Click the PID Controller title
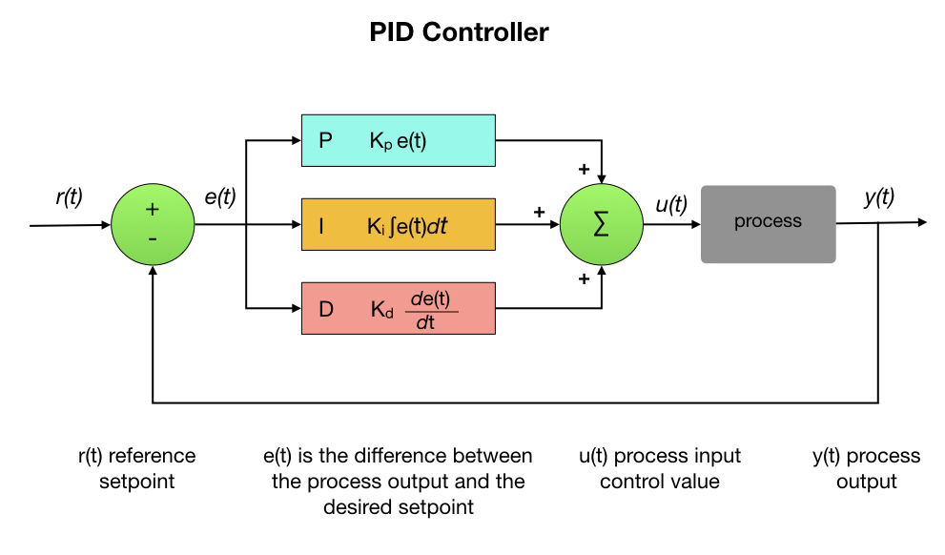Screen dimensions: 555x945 pos(459,32)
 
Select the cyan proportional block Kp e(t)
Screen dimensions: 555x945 pos(398,141)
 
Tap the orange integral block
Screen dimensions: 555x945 pos(398,225)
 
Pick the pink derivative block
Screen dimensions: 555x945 pos(398,308)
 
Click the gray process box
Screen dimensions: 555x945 pos(768,223)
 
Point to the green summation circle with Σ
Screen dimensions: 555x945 pos(601,225)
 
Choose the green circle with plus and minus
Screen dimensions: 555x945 pos(153,225)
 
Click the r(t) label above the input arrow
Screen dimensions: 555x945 pos(70,197)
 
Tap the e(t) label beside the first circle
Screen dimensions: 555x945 pos(220,197)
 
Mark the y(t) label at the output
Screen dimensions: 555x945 pos(878,197)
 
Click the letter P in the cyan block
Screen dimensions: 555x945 pos(326,141)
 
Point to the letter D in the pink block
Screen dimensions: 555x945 pos(326,309)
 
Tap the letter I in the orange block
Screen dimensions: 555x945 pos(321,226)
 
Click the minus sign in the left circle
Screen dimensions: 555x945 pos(153,239)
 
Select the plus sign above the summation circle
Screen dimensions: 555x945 pos(582,169)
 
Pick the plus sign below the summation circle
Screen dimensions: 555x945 pos(582,279)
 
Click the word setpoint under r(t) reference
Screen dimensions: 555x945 pos(137,482)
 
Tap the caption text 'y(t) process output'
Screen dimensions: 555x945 pos(866,468)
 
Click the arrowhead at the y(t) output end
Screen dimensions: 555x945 pos(921,222)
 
